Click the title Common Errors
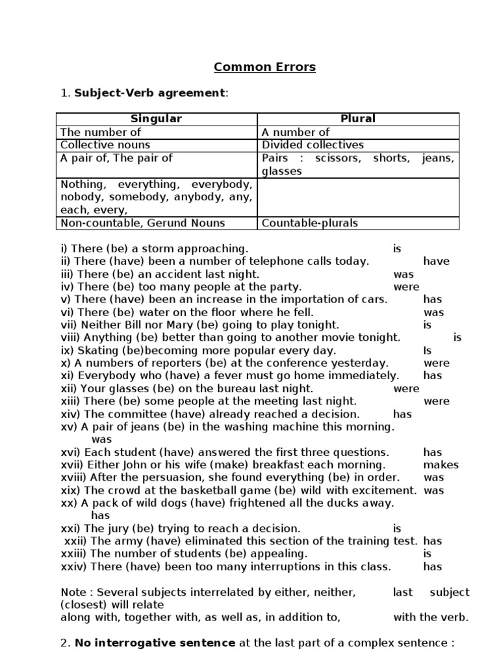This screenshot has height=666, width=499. click(x=265, y=66)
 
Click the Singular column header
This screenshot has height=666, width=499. click(x=157, y=119)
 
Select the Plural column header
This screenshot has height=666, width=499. click(x=358, y=119)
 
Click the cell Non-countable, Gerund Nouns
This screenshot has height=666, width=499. click(x=143, y=223)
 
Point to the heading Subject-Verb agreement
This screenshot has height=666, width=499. click(x=149, y=93)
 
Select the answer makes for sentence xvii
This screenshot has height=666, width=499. click(x=441, y=465)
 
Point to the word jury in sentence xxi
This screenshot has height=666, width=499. click(x=116, y=529)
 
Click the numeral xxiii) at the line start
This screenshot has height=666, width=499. click(x=74, y=554)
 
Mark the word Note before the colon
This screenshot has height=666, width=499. click(x=73, y=593)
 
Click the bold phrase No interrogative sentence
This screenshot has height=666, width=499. click(x=155, y=643)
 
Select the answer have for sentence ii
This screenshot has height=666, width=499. click(x=436, y=261)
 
